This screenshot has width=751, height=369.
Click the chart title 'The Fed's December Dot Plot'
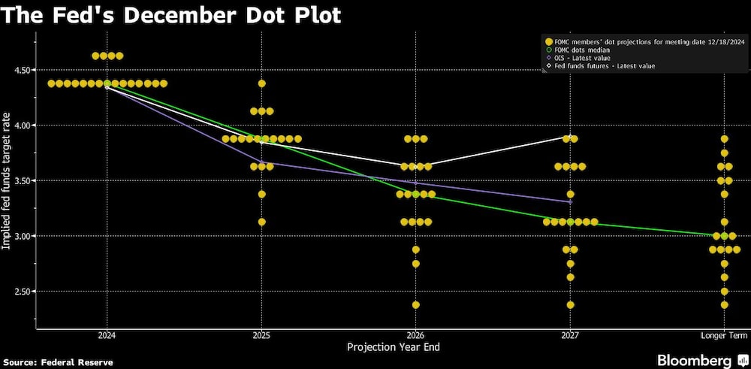[x=172, y=15]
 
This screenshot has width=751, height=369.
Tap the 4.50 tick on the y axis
[x=18, y=70]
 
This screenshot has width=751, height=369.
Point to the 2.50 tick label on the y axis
[x=18, y=292]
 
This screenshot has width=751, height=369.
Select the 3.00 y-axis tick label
[x=18, y=236]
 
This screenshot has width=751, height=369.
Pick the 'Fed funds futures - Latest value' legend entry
[x=605, y=66]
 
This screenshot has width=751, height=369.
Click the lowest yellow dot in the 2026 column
[x=415, y=305]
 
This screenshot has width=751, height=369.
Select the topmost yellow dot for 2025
[x=261, y=83]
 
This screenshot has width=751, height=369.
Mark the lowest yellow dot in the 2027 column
[x=570, y=305]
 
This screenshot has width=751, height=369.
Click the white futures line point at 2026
[x=415, y=166]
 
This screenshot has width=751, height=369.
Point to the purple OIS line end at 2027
[x=570, y=201]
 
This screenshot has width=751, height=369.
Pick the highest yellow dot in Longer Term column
[x=724, y=139]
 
